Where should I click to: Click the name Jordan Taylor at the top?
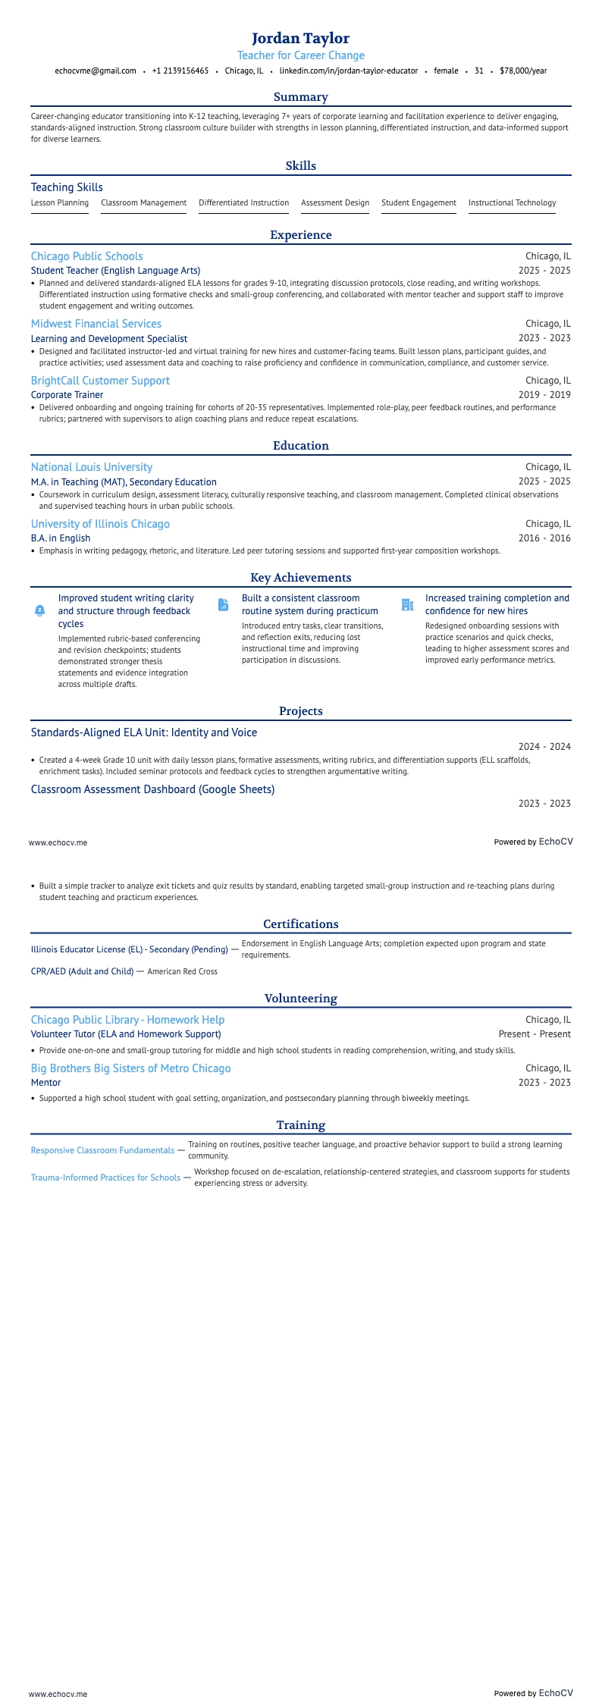[300, 38]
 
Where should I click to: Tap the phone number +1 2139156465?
[180, 71]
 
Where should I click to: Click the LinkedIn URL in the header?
[348, 71]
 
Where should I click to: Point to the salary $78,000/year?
[522, 71]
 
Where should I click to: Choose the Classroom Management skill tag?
[143, 202]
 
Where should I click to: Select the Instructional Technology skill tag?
[512, 202]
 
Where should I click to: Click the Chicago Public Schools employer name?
[86, 256]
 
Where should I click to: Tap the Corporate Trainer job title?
[67, 395]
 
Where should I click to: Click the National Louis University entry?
[91, 467]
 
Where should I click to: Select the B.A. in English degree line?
[61, 538]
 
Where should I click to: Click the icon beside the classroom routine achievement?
[223, 605]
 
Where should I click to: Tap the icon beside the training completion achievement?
[407, 605]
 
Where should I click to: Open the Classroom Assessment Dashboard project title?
[152, 789]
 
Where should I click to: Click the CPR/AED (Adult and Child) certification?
[82, 971]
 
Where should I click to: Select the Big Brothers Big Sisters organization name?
[130, 1068]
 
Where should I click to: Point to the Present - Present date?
[534, 1034]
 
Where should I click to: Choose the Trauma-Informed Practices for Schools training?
[105, 1178]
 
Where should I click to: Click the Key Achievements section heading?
[300, 578]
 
